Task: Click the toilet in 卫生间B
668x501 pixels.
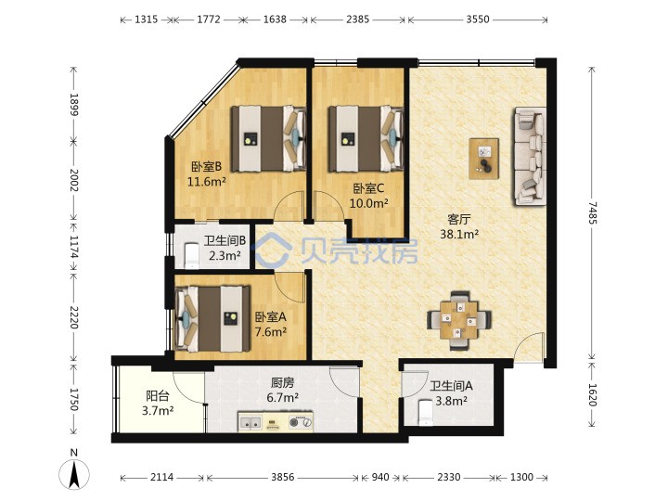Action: point(192,256)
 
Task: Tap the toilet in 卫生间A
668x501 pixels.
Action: point(426,412)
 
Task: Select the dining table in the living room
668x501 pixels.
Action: point(459,320)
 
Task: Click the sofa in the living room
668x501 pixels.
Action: point(531,156)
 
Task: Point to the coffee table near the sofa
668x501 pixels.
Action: point(484,159)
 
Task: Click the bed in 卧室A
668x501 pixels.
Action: point(212,318)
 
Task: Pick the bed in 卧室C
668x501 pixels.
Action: point(366,139)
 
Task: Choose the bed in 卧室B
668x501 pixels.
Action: point(269,139)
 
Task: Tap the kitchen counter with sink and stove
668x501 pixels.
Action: point(276,422)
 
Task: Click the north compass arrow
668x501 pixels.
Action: point(74,474)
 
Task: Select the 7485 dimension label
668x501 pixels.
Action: point(593,212)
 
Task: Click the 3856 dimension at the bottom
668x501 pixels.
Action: point(282,477)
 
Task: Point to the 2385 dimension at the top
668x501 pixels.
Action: point(357,19)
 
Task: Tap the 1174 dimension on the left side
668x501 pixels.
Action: point(74,248)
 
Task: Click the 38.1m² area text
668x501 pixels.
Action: point(459,234)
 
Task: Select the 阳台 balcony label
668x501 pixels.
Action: point(158,396)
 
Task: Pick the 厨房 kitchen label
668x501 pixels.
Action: point(282,382)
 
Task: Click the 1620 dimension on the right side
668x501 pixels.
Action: point(593,395)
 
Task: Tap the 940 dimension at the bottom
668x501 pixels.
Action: point(380,477)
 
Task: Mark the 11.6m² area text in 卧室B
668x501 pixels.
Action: point(207,182)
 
